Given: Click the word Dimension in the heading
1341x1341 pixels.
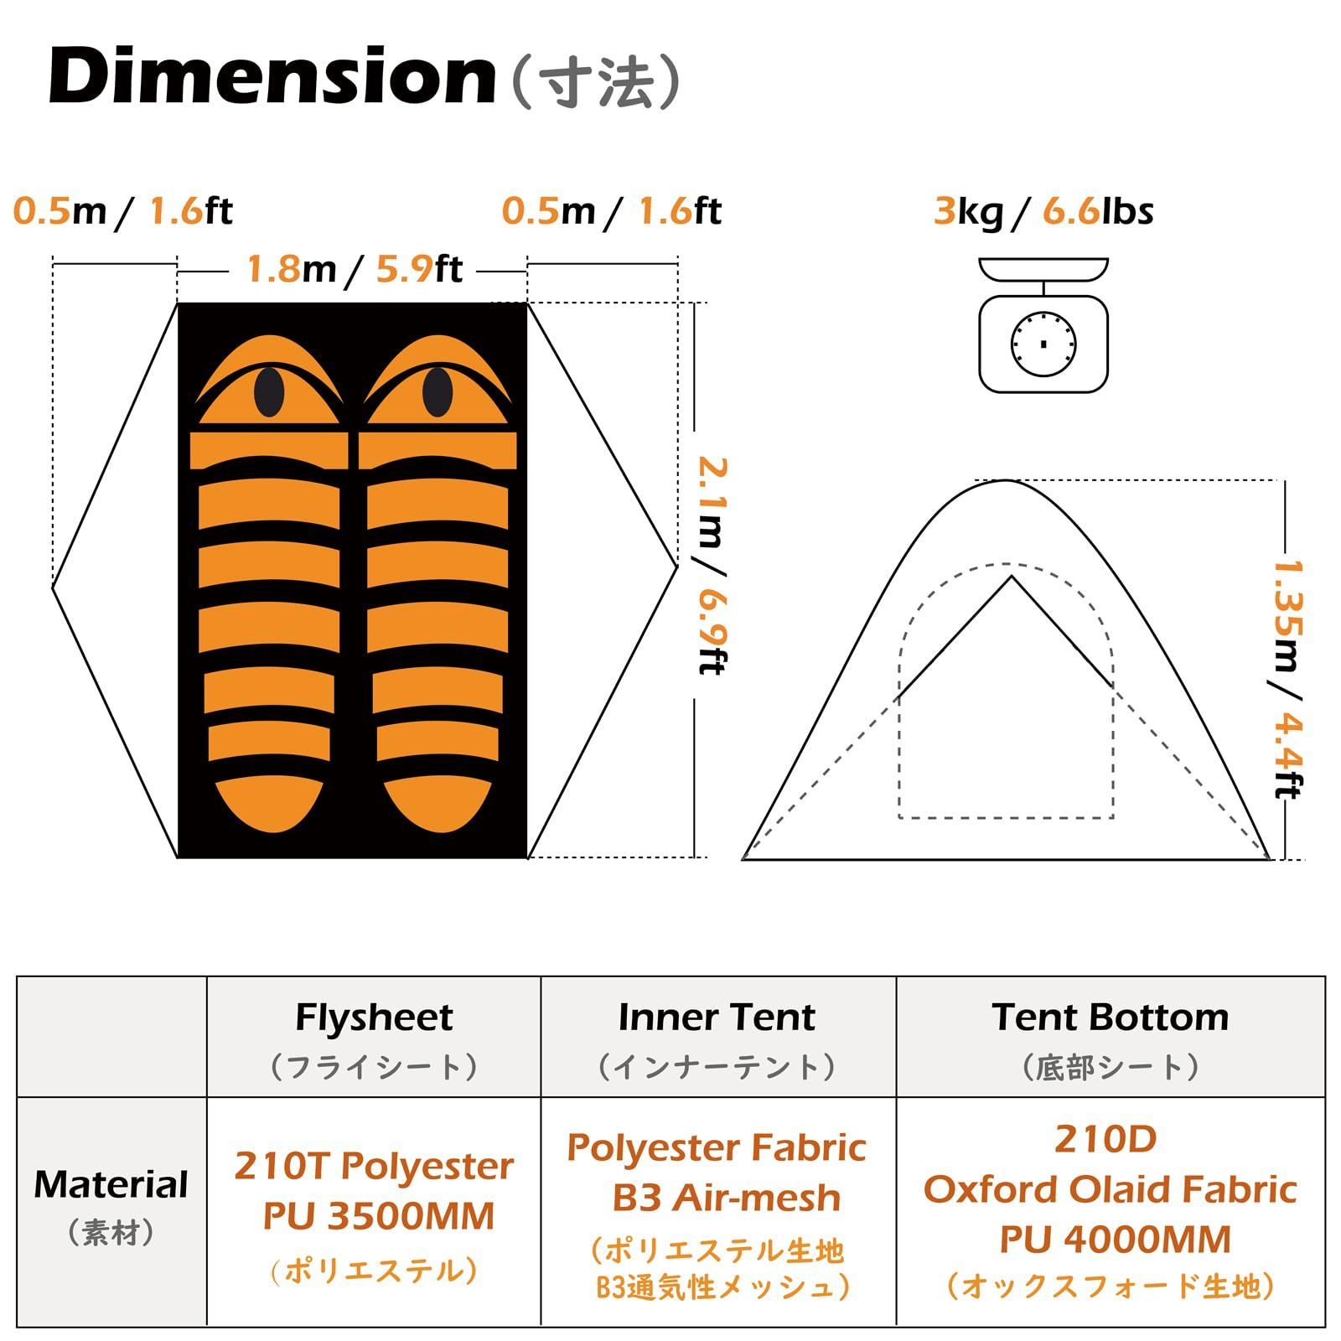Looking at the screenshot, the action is tap(273, 77).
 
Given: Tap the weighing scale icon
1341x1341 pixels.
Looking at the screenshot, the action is tap(1043, 325).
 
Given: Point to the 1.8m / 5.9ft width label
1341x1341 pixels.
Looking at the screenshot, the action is tap(354, 269).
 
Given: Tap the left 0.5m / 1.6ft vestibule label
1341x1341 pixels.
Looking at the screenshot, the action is tap(123, 210).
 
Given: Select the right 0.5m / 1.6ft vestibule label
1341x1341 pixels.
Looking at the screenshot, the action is tap(612, 210).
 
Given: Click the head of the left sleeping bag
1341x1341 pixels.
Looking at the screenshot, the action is tap(269, 381).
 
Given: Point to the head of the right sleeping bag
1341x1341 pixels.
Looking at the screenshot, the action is tap(437, 381).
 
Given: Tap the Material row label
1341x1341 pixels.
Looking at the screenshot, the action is tap(111, 1204).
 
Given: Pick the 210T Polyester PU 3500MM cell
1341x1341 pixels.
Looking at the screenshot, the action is tap(374, 1191).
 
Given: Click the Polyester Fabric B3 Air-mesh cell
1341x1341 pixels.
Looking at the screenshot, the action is tap(717, 1173).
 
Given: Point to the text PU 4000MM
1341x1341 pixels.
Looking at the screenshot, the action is tap(1116, 1240).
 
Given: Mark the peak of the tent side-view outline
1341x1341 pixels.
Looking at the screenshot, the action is tap(1006, 480).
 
